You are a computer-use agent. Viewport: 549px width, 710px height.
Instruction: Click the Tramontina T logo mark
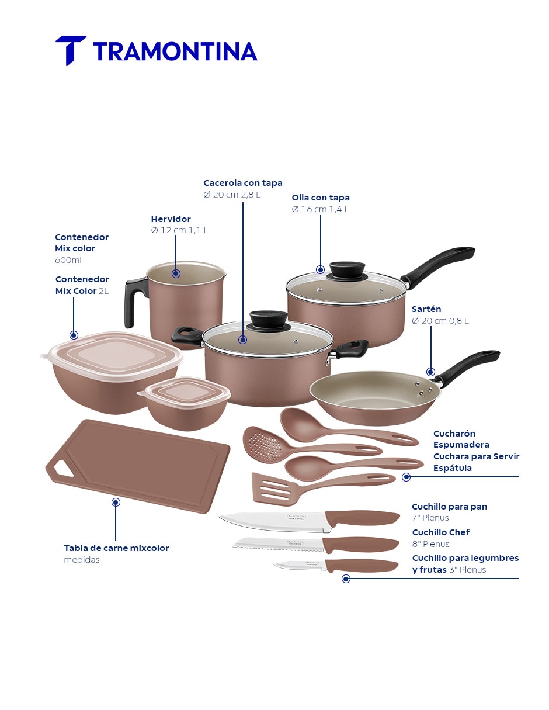point(71,50)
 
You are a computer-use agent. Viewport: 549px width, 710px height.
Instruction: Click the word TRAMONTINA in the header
point(175,51)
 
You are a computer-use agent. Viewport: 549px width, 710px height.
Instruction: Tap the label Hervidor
point(171,219)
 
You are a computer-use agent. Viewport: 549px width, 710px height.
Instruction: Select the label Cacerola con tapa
point(243,183)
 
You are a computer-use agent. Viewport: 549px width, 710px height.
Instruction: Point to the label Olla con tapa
point(321,198)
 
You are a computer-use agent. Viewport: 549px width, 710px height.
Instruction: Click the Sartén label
point(426,309)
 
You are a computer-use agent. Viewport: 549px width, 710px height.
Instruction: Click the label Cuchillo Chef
point(440,532)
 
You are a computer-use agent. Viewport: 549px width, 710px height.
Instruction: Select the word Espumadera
point(461,445)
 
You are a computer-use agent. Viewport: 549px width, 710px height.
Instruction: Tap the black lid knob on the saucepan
point(347,270)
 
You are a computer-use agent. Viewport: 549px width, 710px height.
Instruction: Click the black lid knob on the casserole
point(268,321)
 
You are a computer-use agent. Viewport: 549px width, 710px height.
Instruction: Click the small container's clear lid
point(185,392)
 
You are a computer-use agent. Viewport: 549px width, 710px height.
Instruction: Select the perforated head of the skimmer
point(263,445)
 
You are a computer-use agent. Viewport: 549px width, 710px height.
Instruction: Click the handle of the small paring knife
point(362,566)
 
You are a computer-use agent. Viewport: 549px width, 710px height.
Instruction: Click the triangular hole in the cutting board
point(63,469)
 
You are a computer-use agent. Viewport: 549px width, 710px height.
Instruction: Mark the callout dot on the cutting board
point(116,502)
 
